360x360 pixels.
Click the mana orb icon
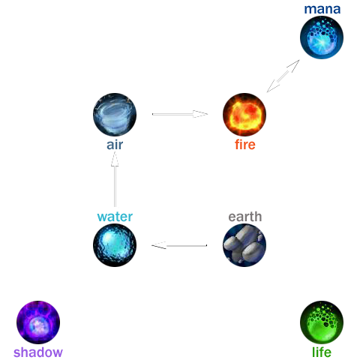322,37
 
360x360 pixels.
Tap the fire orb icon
244,115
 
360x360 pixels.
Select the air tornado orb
115,115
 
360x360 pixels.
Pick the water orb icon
115,245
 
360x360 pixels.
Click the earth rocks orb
244,245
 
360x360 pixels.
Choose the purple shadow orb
38,322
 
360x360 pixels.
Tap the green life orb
322,322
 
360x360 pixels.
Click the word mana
322,9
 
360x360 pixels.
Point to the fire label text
245,145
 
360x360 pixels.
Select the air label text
115,145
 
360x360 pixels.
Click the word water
115,217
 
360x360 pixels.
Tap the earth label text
245,217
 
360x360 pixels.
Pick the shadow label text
38,352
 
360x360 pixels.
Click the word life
322,352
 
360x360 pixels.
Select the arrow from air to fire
180,114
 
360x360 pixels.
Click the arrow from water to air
115,179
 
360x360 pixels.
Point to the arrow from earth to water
179,245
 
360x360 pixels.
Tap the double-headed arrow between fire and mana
283,76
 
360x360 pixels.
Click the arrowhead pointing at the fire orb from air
200,114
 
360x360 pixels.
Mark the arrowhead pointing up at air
115,159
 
